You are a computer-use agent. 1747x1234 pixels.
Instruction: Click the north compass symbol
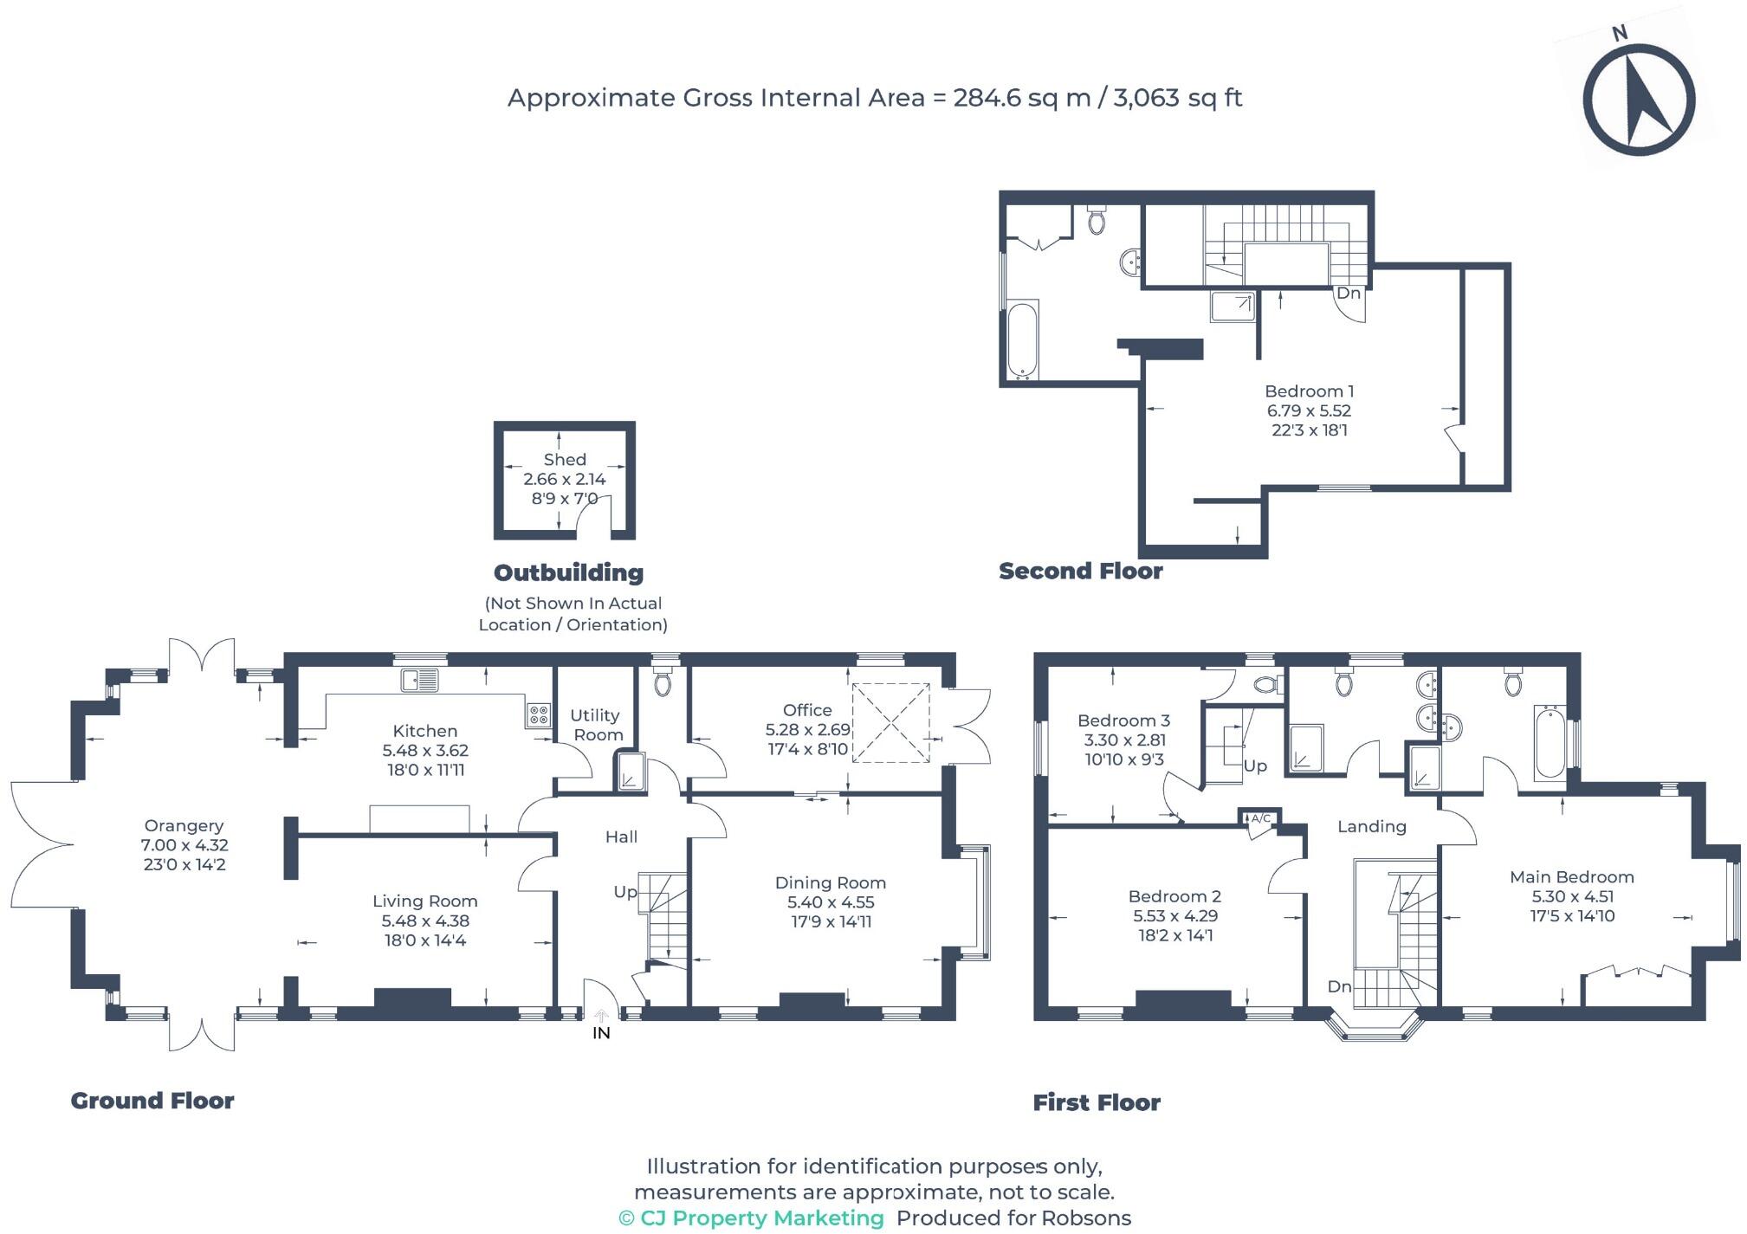tap(1638, 99)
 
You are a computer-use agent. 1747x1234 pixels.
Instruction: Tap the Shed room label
tap(565, 460)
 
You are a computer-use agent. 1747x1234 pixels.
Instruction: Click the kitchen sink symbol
tap(419, 681)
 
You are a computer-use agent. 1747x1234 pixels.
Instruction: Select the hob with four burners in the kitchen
tap(538, 715)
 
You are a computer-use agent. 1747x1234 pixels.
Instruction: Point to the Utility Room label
tap(597, 725)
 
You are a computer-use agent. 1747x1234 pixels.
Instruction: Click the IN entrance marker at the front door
tap(601, 1032)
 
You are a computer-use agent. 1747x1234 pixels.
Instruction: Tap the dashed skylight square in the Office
tap(891, 723)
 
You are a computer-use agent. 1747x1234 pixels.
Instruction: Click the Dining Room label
tap(830, 882)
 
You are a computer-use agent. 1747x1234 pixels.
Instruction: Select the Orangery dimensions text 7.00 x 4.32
tap(184, 845)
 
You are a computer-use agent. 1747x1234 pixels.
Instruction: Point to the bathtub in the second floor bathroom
tap(1022, 340)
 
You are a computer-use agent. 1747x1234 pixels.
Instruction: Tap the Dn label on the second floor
tap(1348, 294)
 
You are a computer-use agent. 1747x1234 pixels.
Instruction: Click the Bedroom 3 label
tap(1123, 720)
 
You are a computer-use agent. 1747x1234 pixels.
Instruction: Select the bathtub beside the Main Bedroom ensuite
tap(1549, 743)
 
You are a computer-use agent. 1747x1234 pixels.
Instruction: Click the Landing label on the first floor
tap(1371, 826)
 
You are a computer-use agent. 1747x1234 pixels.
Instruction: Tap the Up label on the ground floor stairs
tap(624, 892)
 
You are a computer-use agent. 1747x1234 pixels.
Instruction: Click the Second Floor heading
tap(1080, 571)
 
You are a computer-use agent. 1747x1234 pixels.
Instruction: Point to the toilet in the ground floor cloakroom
tap(663, 682)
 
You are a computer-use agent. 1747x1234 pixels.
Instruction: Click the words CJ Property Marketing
tap(761, 1218)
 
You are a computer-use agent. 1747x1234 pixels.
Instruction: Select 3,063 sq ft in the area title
tap(1177, 98)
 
